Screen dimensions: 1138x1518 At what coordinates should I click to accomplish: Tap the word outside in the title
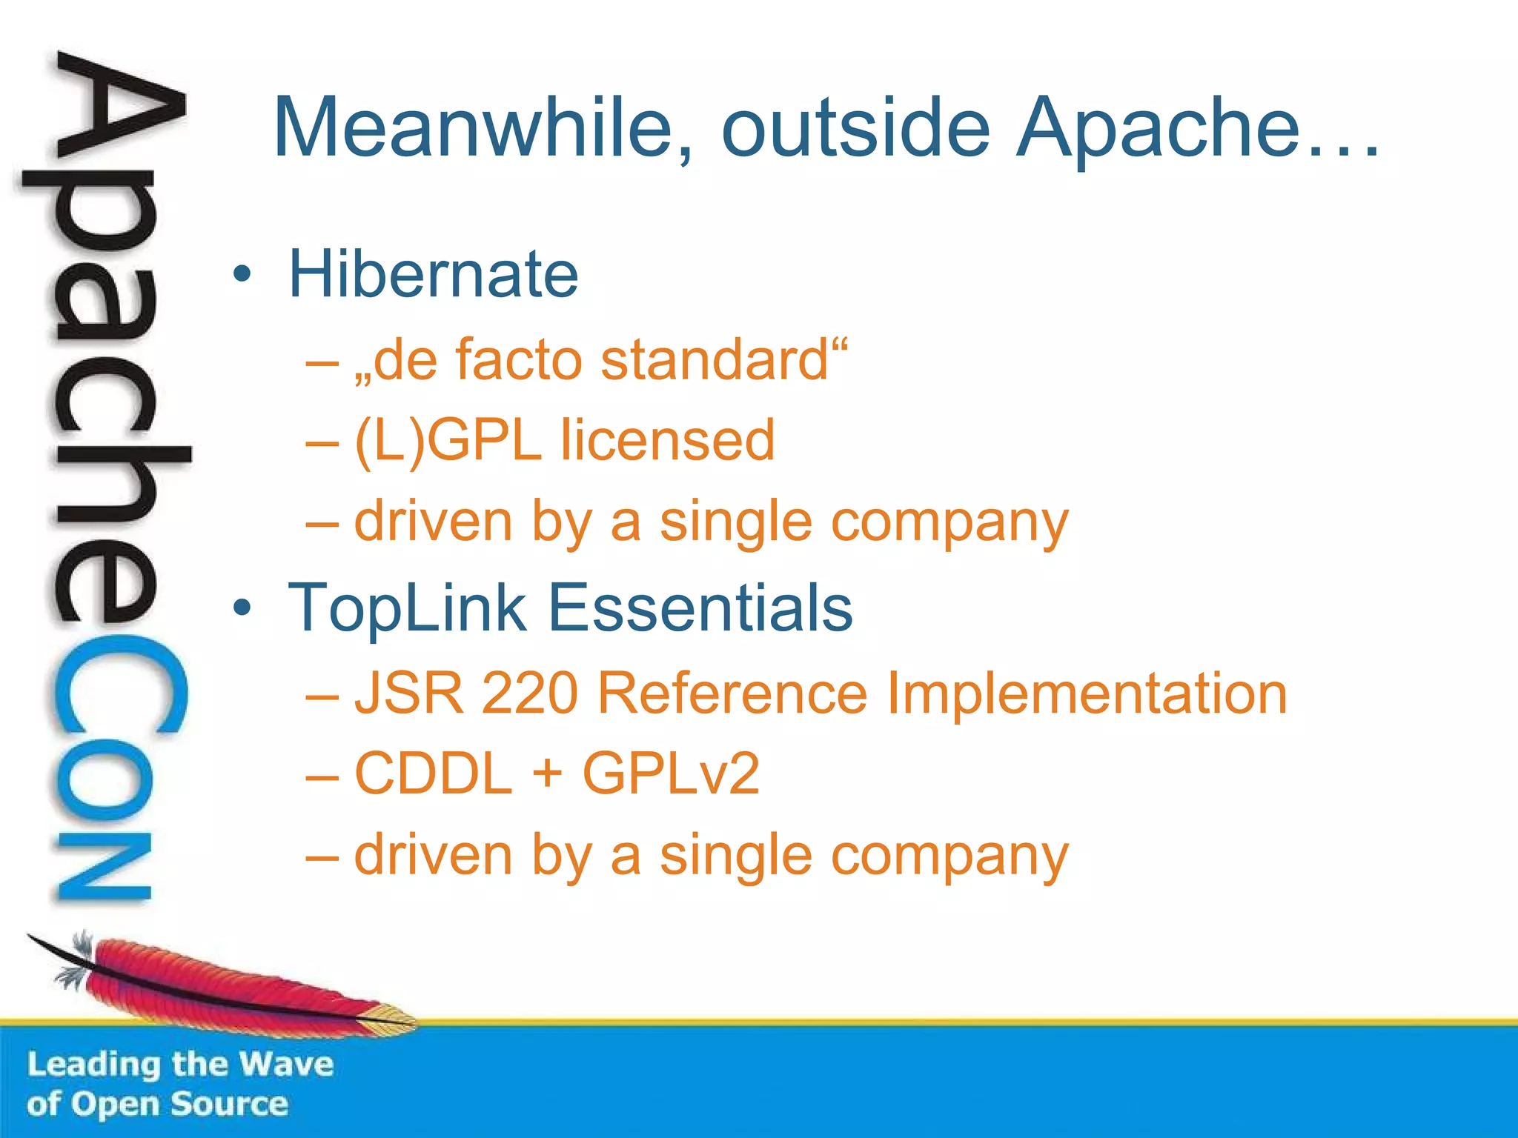[x=855, y=127]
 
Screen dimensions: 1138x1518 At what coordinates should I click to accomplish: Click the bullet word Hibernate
[x=433, y=274]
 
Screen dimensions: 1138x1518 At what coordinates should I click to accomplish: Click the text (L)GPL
[x=448, y=441]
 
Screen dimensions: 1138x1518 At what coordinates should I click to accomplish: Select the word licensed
[x=667, y=441]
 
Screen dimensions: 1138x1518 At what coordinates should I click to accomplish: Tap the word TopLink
[x=407, y=608]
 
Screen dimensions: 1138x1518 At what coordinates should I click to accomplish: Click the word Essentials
[x=700, y=608]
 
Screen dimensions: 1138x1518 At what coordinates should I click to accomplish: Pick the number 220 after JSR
[x=529, y=693]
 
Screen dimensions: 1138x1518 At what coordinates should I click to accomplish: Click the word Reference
[x=732, y=693]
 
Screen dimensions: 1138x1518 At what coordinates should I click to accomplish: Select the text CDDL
[x=434, y=773]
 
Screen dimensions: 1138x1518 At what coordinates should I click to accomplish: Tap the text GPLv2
[x=671, y=773]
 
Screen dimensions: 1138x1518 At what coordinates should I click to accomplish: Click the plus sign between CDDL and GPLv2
[x=547, y=773]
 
